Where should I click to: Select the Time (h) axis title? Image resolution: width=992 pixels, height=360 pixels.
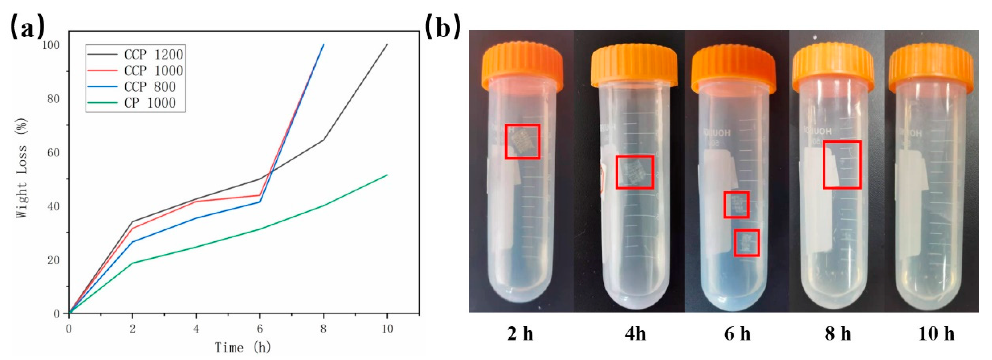coord(243,348)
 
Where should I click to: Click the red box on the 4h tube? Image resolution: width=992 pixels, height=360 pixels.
coord(634,172)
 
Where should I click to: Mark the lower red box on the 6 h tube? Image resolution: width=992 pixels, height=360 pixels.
coord(746,243)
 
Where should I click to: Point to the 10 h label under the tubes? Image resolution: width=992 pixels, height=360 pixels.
coord(936,333)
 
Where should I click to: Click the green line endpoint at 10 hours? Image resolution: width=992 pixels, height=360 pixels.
coord(387,175)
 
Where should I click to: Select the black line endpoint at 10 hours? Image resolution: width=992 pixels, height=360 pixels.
coord(387,45)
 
